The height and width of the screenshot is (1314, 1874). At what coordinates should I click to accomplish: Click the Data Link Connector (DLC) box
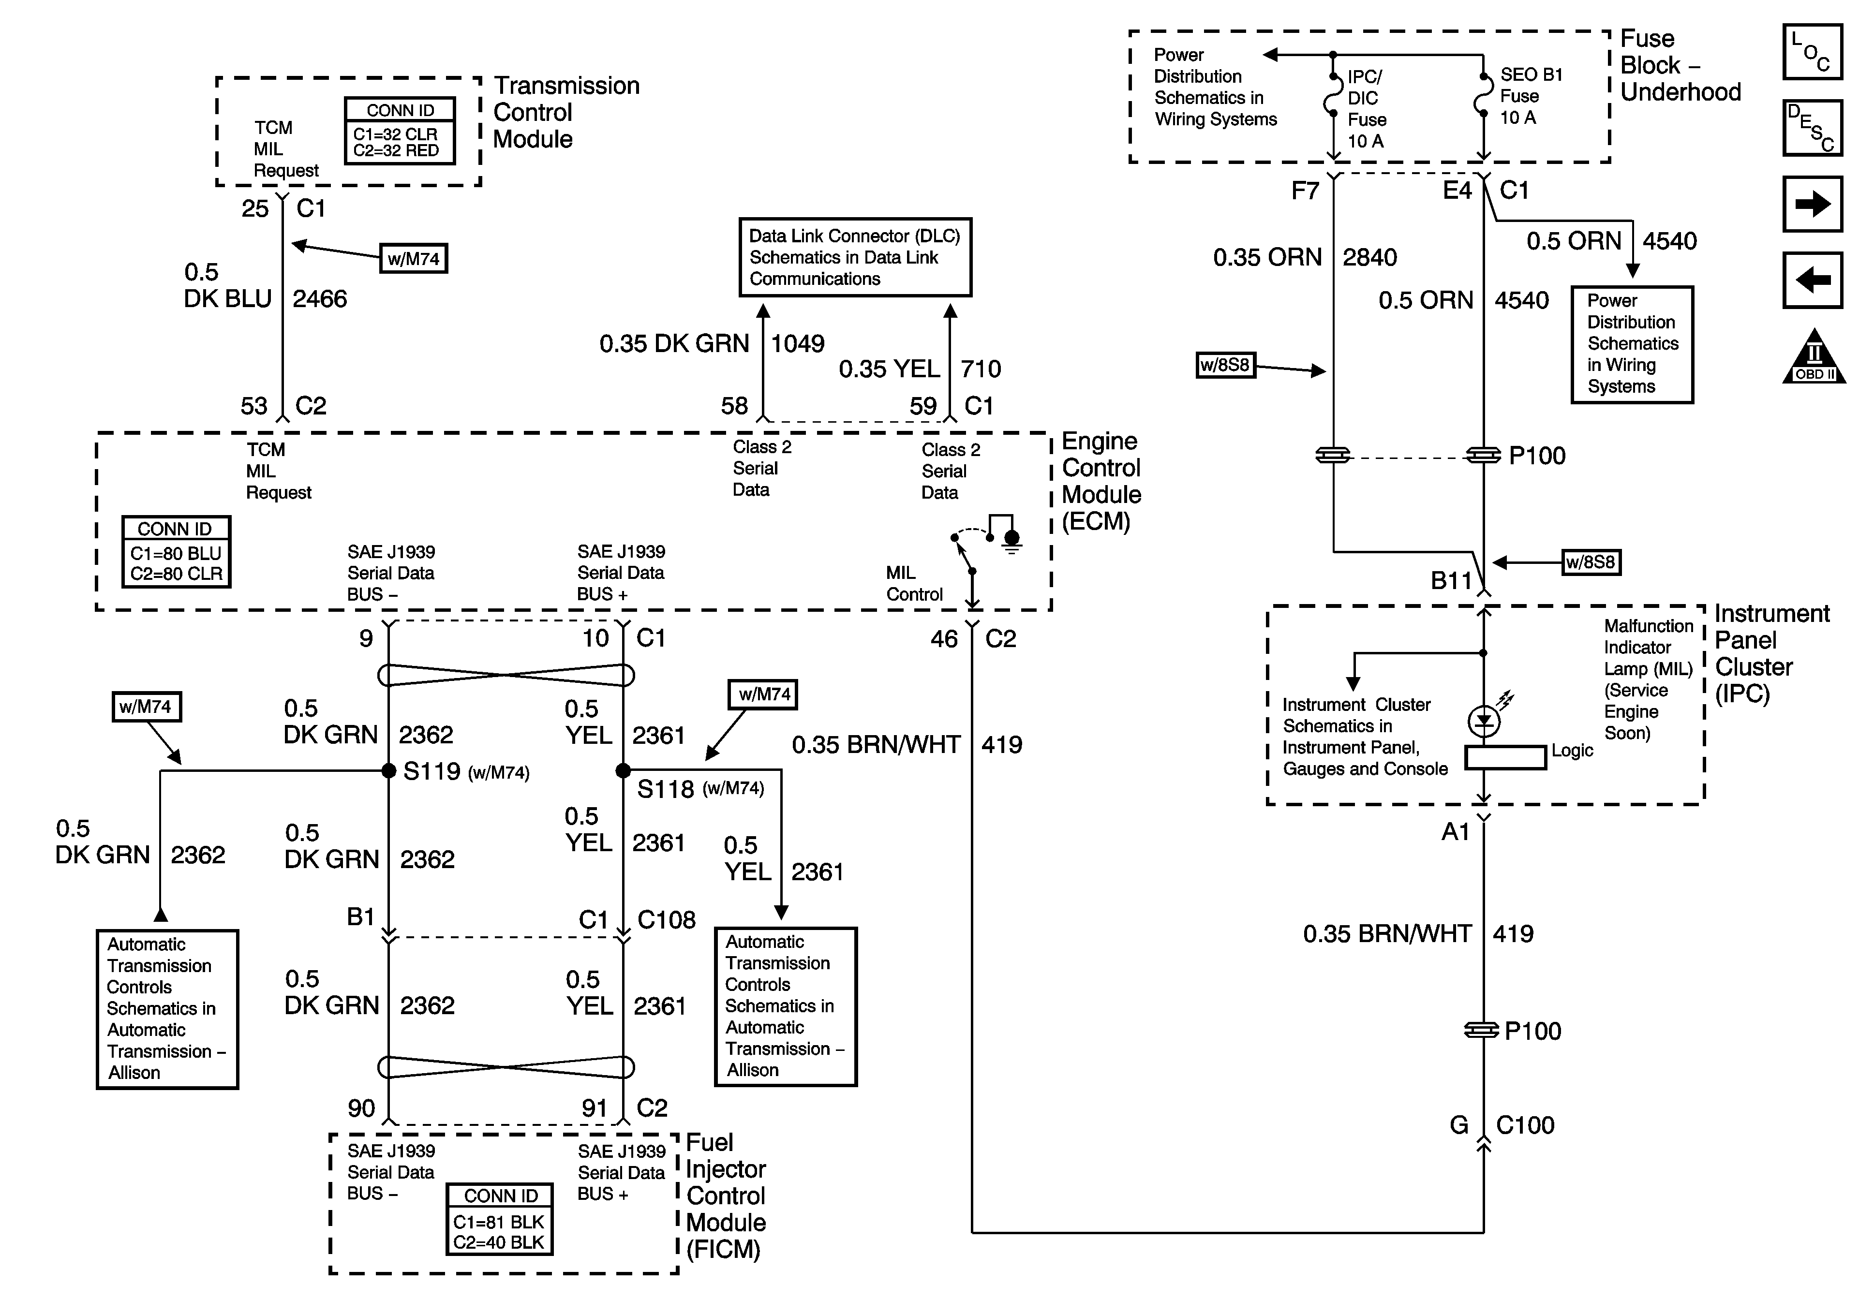(x=855, y=257)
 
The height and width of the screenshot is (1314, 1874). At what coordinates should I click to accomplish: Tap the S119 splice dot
(x=389, y=770)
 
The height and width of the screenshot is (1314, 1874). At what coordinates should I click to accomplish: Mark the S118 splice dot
(x=623, y=770)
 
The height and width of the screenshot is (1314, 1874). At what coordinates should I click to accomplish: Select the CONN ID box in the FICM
(x=500, y=1219)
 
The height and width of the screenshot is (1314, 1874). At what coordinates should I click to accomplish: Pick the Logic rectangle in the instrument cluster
(x=1505, y=757)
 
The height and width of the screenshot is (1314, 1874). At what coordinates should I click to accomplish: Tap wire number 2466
(x=320, y=299)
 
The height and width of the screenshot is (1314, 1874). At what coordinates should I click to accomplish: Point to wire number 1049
(x=797, y=343)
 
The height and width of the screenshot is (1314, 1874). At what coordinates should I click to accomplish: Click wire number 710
(x=980, y=369)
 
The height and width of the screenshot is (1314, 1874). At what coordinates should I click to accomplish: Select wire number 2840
(x=1369, y=258)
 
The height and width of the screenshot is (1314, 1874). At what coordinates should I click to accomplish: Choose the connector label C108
(x=666, y=920)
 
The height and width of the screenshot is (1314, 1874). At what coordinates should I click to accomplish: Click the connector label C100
(x=1525, y=1125)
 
